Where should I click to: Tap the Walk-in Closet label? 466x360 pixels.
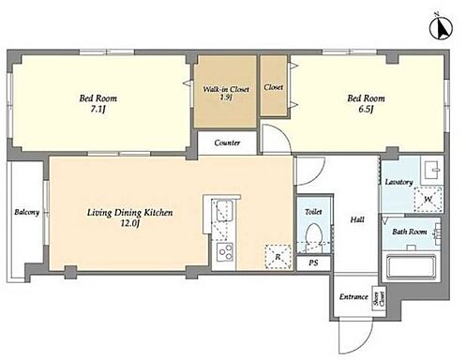coord(226,89)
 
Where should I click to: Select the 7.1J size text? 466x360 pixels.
coord(98,110)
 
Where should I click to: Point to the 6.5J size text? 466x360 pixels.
coord(366,110)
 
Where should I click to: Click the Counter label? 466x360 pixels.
coord(227,142)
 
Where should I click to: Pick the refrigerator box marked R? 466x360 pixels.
coord(278,257)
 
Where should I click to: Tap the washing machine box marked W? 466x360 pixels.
coord(428,199)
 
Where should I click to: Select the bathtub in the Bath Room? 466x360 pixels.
coord(411,266)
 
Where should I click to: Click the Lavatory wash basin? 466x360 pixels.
coord(431,171)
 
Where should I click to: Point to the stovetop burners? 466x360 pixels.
coord(224,252)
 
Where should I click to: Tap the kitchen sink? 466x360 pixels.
coord(225,211)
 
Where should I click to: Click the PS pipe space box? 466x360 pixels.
coord(313,263)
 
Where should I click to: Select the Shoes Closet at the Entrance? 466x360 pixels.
coord(379,298)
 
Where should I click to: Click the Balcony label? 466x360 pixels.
coord(27,212)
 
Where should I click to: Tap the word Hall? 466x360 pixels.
coord(357,219)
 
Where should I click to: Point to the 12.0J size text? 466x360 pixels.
coord(129,224)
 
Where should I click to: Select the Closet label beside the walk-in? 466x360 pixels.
coord(274,87)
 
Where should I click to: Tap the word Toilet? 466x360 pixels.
coord(313,212)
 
